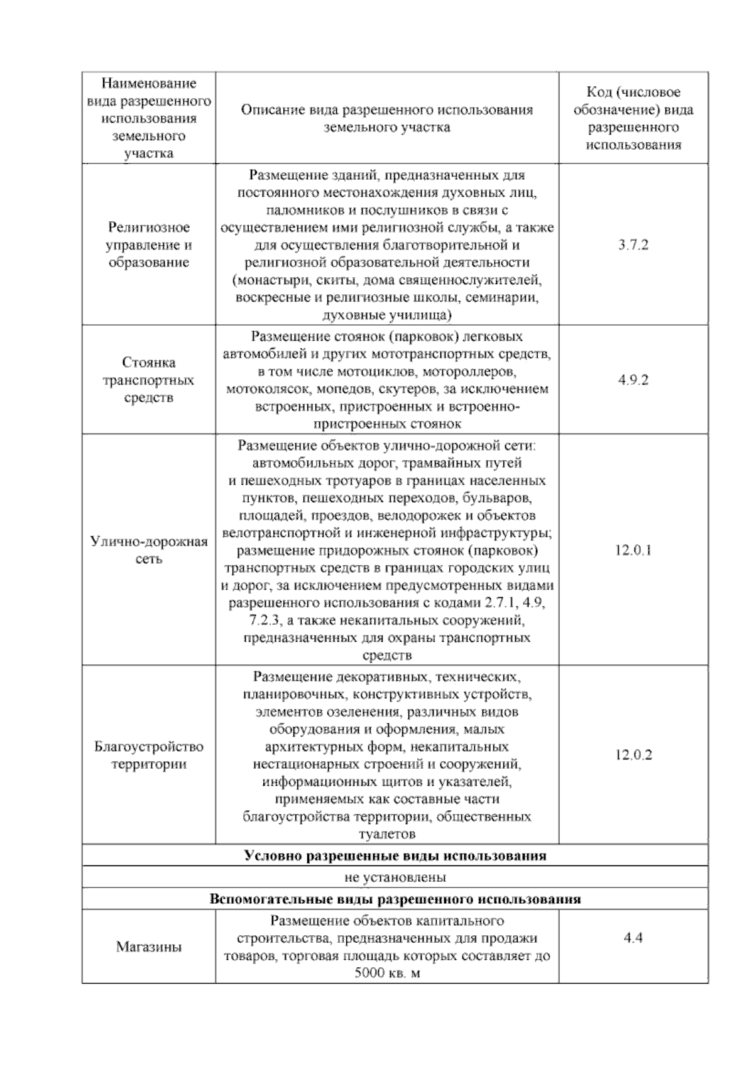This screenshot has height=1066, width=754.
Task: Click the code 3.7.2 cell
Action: click(x=633, y=245)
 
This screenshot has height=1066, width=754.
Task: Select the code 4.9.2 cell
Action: click(x=633, y=380)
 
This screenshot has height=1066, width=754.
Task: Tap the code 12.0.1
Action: click(x=633, y=551)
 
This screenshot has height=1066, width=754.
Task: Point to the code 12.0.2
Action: click(x=633, y=755)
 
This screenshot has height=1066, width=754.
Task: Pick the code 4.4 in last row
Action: click(x=633, y=938)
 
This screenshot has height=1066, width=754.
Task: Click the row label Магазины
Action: click(x=149, y=947)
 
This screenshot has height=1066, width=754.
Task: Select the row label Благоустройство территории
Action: click(x=149, y=756)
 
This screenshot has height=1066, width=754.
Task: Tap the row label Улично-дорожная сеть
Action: click(x=149, y=550)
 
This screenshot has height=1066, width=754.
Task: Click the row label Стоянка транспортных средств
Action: click(x=149, y=380)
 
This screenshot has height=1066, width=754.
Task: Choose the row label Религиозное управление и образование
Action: click(x=149, y=245)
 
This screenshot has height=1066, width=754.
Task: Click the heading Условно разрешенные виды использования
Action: click(x=395, y=855)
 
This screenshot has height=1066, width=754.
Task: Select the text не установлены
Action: click(x=395, y=877)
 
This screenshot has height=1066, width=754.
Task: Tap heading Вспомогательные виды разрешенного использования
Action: click(x=395, y=899)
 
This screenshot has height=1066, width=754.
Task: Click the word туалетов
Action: click(x=386, y=835)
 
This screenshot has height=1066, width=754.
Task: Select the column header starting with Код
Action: click(x=633, y=119)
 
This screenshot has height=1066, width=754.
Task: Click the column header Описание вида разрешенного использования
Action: click(x=387, y=118)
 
